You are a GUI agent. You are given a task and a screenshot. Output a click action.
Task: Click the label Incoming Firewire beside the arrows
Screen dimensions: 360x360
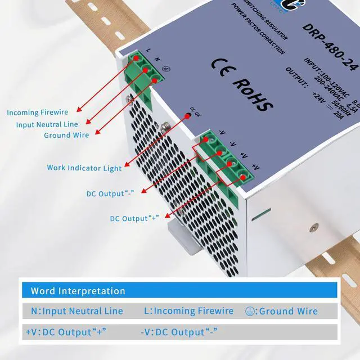pyautogui.click(x=38, y=112)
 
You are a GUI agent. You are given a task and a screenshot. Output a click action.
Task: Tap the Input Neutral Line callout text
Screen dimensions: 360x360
pyautogui.click(x=47, y=124)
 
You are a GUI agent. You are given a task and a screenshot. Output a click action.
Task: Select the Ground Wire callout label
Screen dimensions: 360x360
pyautogui.click(x=66, y=135)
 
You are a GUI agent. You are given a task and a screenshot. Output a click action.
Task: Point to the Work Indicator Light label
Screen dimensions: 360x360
pyautogui.click(x=84, y=168)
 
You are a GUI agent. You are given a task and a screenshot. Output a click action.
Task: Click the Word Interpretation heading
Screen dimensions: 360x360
pyautogui.click(x=78, y=291)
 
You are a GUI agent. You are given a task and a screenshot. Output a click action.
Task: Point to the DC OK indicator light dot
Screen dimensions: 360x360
pyautogui.click(x=188, y=116)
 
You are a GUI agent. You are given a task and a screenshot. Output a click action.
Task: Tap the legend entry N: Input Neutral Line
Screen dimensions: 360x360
pyautogui.click(x=76, y=311)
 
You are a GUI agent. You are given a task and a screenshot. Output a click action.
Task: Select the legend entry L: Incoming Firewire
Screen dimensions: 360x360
pyautogui.click(x=188, y=311)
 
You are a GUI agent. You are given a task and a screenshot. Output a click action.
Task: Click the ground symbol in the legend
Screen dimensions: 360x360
pyautogui.click(x=249, y=310)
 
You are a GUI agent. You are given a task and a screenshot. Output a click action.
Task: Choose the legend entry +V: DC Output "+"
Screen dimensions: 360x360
pyautogui.click(x=66, y=332)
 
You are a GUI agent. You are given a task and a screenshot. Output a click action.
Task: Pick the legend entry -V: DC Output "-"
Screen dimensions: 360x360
pyautogui.click(x=179, y=332)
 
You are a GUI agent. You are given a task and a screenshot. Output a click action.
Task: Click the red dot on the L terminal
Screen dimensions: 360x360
pyautogui.click(x=136, y=58)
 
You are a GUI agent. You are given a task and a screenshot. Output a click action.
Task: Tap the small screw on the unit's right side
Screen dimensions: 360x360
pyautogui.click(x=313, y=228)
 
